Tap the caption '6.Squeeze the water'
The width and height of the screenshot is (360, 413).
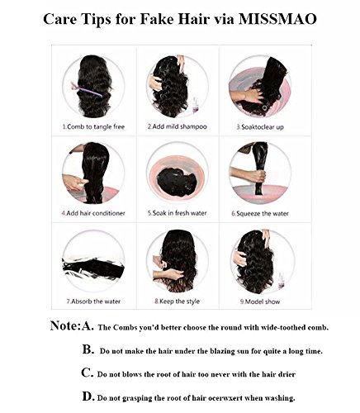click(x=263, y=212)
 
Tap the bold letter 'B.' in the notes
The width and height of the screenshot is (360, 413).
click(x=88, y=349)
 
